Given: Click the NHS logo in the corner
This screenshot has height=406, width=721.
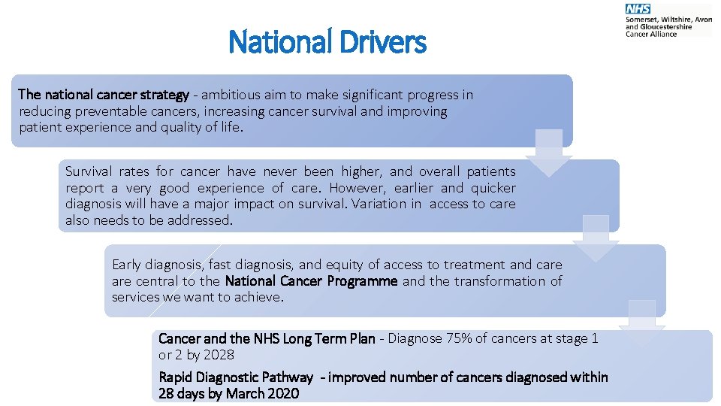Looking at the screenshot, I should (x=638, y=8).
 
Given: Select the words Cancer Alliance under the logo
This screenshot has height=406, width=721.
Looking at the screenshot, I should (x=651, y=34).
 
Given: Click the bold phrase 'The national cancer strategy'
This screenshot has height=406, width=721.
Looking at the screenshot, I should (x=104, y=95).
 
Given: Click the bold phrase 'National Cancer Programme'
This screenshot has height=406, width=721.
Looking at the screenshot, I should (x=311, y=281).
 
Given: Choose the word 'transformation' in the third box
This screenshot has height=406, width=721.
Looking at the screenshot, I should (x=502, y=281).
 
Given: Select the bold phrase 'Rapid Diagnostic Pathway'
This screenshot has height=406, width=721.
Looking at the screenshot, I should (x=235, y=377).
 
